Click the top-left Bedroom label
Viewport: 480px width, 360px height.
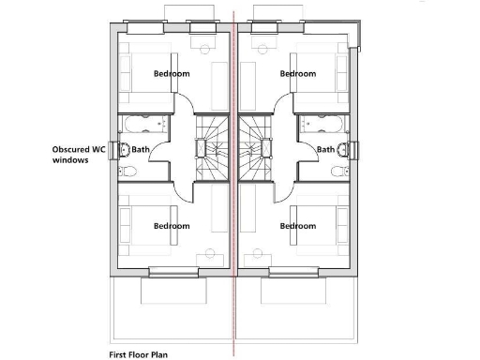172,73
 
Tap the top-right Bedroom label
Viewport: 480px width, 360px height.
298,73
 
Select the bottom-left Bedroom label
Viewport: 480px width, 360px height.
172,226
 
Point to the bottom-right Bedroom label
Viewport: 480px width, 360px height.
298,226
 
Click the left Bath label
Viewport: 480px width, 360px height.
141,149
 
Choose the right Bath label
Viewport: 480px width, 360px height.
324,149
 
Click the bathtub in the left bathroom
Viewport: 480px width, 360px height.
142,125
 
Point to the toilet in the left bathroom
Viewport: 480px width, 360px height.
128,170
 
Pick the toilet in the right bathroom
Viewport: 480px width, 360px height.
339,170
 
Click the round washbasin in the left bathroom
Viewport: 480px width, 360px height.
124,148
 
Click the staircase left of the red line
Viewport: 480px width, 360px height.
212,150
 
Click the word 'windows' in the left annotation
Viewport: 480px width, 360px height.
70,160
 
